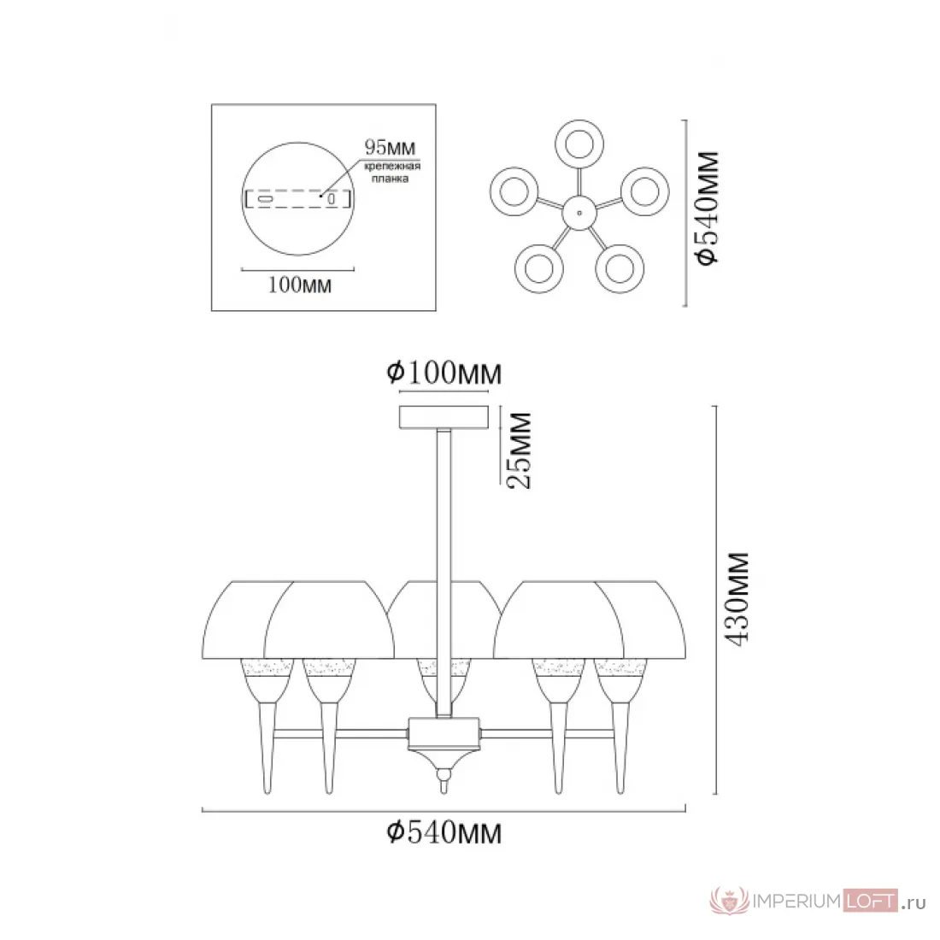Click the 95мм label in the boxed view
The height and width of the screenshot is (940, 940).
point(391,148)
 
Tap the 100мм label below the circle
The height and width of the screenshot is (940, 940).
point(300,285)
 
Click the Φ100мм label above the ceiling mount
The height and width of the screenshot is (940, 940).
point(444,373)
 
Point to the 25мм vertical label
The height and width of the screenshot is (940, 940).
point(520,451)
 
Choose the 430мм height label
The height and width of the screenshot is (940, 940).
point(737,599)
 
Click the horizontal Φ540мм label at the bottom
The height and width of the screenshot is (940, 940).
point(444,832)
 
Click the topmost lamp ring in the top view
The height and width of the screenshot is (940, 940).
point(579,144)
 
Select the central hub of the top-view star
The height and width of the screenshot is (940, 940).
point(579,213)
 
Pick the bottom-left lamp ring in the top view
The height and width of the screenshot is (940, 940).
point(539,268)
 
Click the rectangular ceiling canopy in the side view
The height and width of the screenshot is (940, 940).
point(444,417)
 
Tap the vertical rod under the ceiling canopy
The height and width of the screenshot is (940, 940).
point(444,573)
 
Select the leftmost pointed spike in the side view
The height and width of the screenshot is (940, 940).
point(267,746)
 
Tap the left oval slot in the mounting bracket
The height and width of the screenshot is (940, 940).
point(265,198)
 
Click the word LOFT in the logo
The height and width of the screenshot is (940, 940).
point(871,901)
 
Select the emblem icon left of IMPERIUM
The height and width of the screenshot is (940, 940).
point(730,901)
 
